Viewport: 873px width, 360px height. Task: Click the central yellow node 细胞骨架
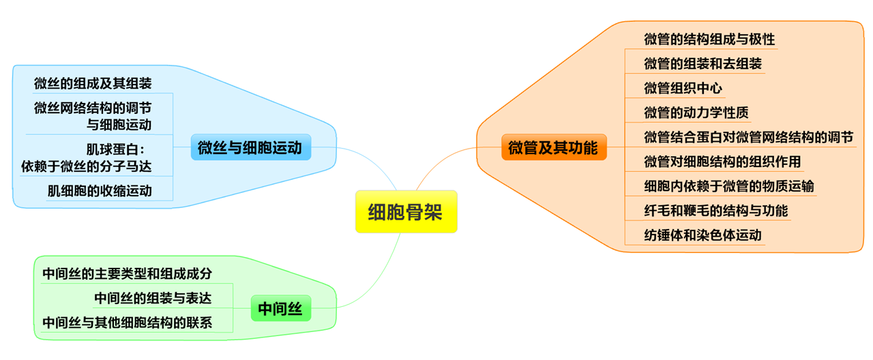point(406,212)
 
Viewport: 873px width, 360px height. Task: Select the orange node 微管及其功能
point(553,147)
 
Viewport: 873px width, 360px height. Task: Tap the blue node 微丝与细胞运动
point(250,147)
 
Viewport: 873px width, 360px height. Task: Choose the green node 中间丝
point(280,309)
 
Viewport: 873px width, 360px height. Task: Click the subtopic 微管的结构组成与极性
point(709,39)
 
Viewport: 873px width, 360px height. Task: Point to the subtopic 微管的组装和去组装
point(702,63)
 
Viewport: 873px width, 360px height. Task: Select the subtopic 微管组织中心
point(683,88)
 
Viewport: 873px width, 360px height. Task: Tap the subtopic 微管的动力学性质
point(696,112)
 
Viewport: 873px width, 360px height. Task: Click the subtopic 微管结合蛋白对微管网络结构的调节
point(748,137)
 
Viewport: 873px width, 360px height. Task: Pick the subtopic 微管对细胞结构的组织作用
point(722,162)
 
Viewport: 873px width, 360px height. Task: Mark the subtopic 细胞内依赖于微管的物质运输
point(728,186)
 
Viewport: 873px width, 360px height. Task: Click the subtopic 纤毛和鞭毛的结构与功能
point(715,211)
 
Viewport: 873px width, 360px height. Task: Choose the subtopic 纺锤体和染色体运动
point(702,235)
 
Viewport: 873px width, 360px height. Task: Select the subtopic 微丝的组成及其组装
point(93,83)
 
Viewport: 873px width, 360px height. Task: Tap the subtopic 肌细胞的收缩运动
point(100,190)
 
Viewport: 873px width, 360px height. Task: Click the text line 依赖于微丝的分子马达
point(87,165)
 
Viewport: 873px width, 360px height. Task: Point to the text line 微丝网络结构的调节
point(93,108)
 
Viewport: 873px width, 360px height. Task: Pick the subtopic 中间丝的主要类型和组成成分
point(127,273)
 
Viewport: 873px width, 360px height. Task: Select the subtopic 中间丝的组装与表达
point(153,298)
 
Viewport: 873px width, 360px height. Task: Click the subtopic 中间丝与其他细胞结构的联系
point(127,322)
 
